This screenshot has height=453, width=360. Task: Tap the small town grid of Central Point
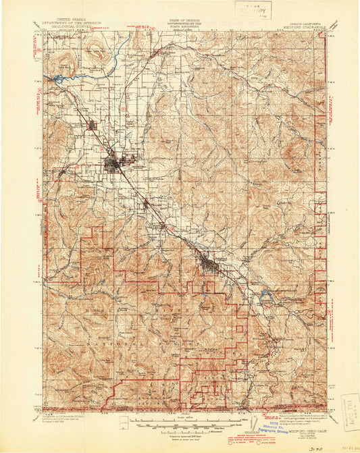click(93, 125)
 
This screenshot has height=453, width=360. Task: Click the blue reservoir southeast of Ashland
click(266, 295)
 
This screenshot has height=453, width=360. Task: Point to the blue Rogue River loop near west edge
click(59, 80)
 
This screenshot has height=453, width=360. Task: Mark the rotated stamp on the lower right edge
click(350, 412)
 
